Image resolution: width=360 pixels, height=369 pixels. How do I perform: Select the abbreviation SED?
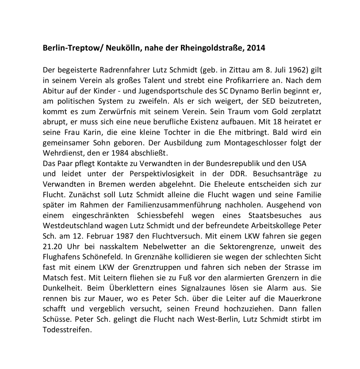(x=257, y=101)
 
